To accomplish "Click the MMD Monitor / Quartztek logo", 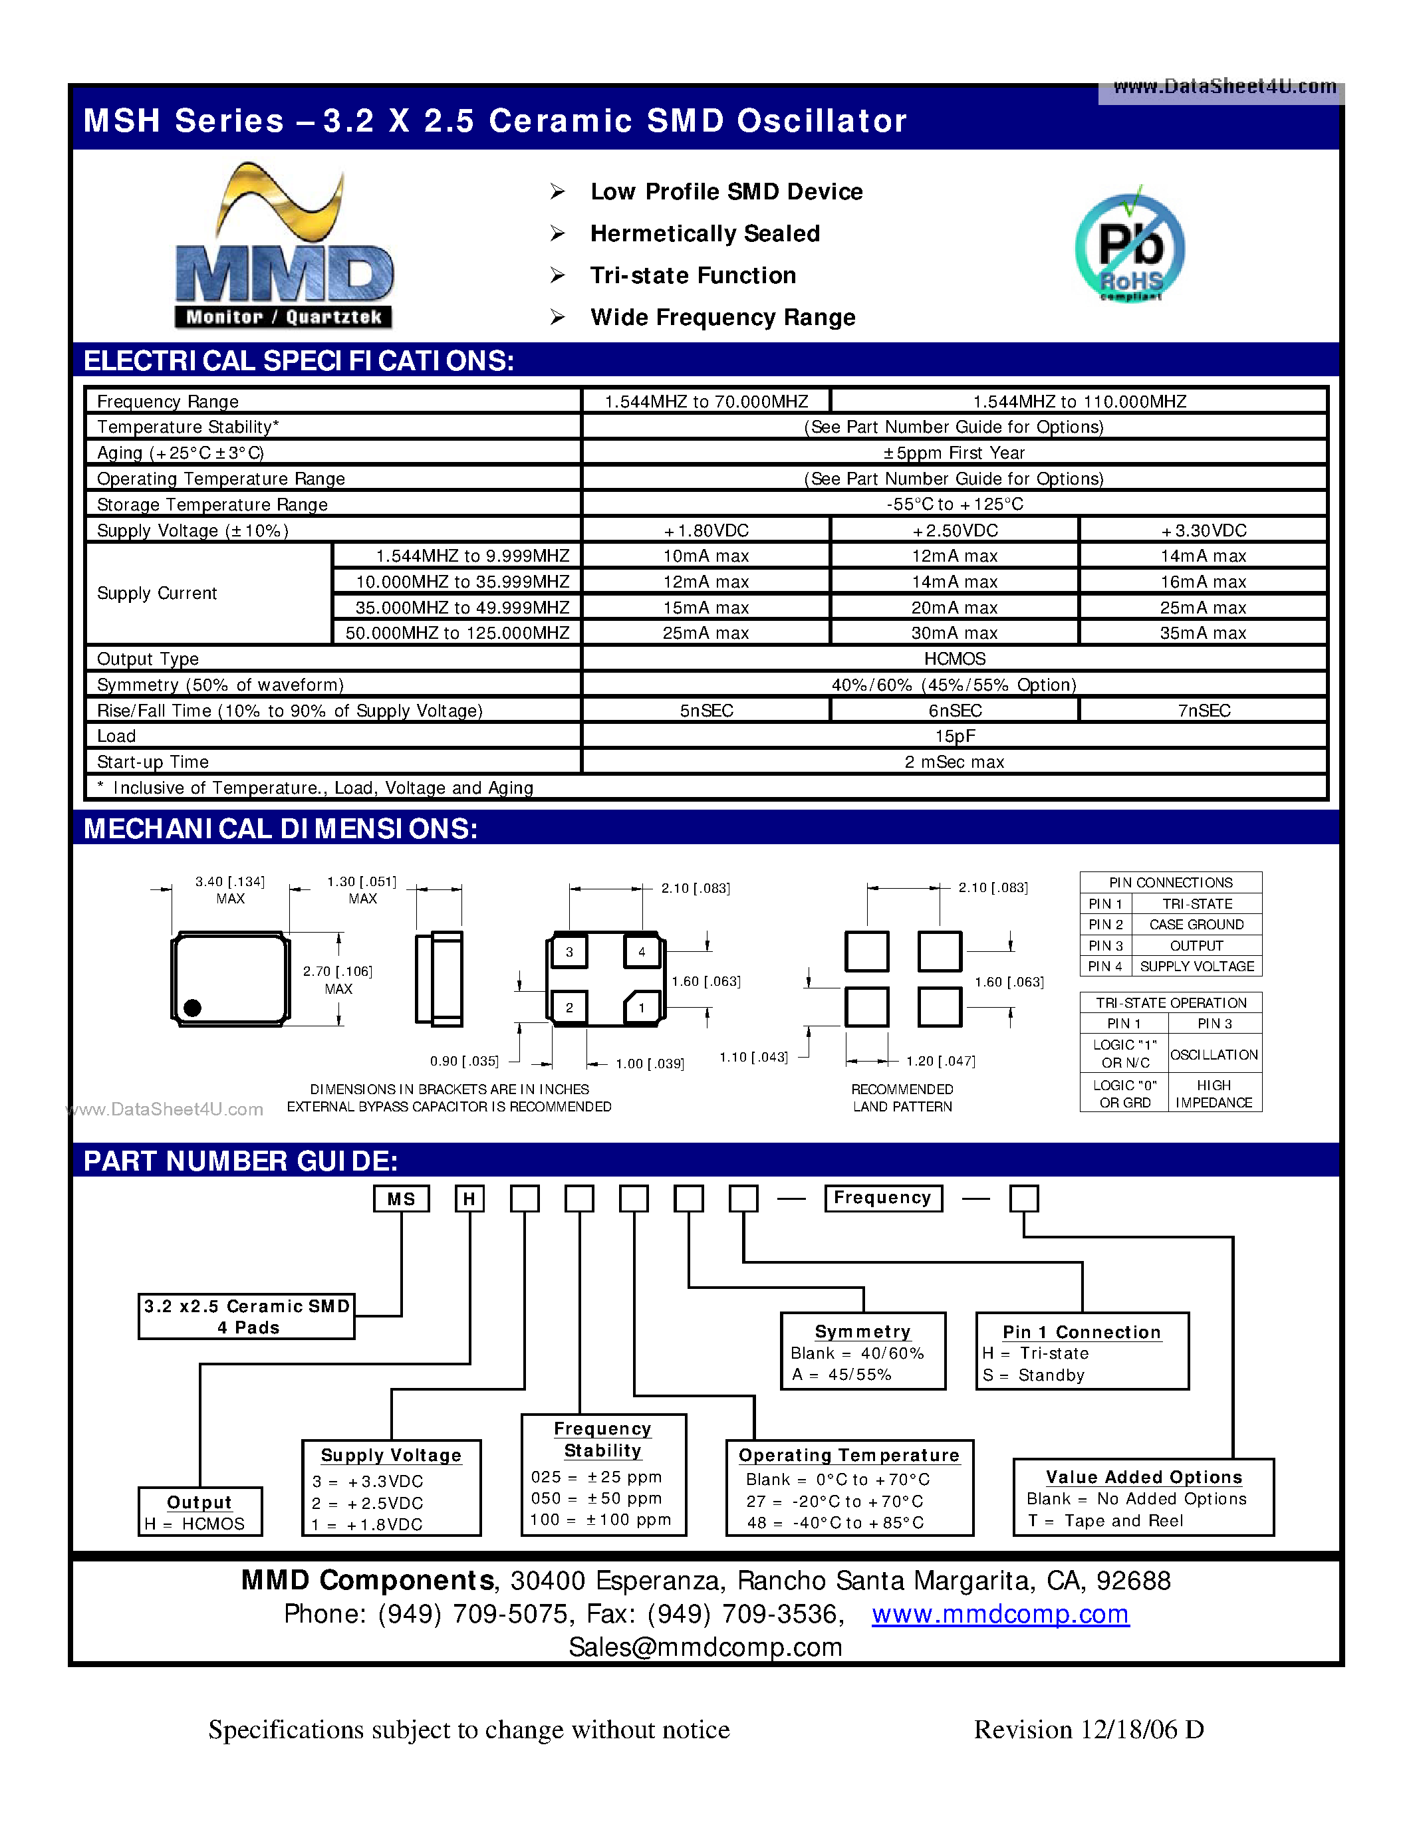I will [284, 246].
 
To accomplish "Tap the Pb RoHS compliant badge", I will [1129, 247].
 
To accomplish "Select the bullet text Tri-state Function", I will [692, 275].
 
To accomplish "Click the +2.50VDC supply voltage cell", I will [954, 530].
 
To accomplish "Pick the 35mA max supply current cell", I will [1202, 633].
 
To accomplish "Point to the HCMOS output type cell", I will [954, 659].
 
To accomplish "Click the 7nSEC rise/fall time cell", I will [1203, 711].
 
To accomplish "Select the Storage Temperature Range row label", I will [213, 505].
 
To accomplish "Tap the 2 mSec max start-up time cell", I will [954, 762].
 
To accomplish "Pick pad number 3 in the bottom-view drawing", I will [569, 952].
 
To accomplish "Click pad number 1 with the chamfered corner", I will [642, 1008].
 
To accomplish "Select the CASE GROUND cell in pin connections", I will [1196, 924].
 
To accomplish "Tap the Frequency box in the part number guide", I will [882, 1198].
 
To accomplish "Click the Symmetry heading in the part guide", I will [862, 1331].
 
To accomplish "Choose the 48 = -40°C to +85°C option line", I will [835, 1522].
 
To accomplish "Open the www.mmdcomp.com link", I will [999, 1614].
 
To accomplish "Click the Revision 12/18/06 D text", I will [1089, 1729].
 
